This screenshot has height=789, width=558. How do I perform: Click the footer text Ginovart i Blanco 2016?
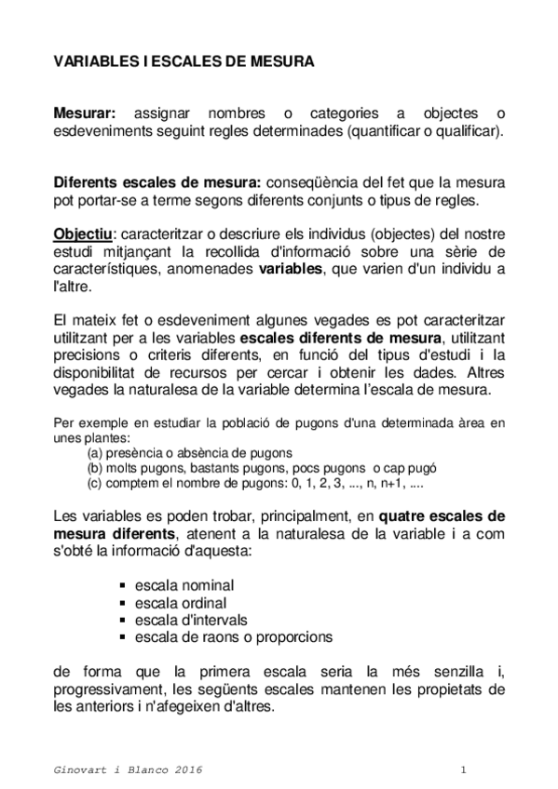[128, 771]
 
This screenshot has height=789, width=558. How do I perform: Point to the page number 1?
[463, 771]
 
